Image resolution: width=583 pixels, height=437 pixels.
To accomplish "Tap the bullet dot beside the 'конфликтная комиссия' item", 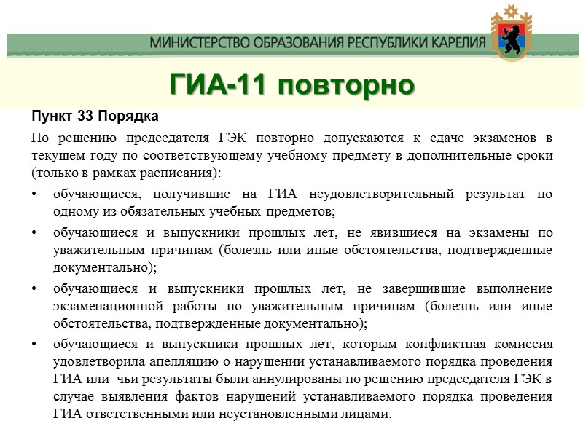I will (35, 344).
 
